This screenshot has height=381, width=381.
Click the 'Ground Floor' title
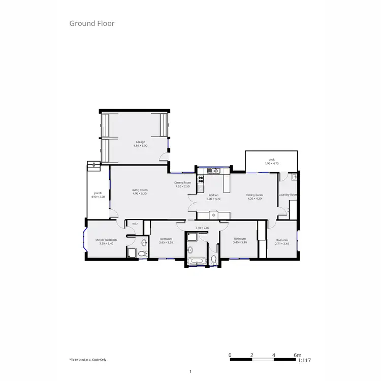tap(92, 23)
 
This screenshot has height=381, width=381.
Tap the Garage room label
tap(140, 142)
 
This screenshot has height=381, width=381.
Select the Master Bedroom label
tap(107, 239)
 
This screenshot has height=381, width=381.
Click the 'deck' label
tap(272, 160)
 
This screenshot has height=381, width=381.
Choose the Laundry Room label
tap(288, 195)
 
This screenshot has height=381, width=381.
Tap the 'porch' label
tap(98, 193)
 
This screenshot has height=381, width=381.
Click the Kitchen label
tap(214, 195)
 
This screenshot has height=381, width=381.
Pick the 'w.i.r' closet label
tap(135, 224)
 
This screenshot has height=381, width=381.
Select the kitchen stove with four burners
tap(201, 179)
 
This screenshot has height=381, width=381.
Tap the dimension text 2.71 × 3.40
tap(282, 243)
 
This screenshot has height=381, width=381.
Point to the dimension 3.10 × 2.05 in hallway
tap(202, 228)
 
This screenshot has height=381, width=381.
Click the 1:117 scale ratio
tap(304, 360)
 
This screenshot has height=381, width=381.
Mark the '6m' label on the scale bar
tap(298, 355)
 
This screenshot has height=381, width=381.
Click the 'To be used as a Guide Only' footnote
tap(88, 360)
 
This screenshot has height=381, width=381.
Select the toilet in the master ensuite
tap(144, 253)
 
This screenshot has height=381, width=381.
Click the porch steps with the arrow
tap(92, 165)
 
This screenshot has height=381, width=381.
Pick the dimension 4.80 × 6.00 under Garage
tap(140, 146)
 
